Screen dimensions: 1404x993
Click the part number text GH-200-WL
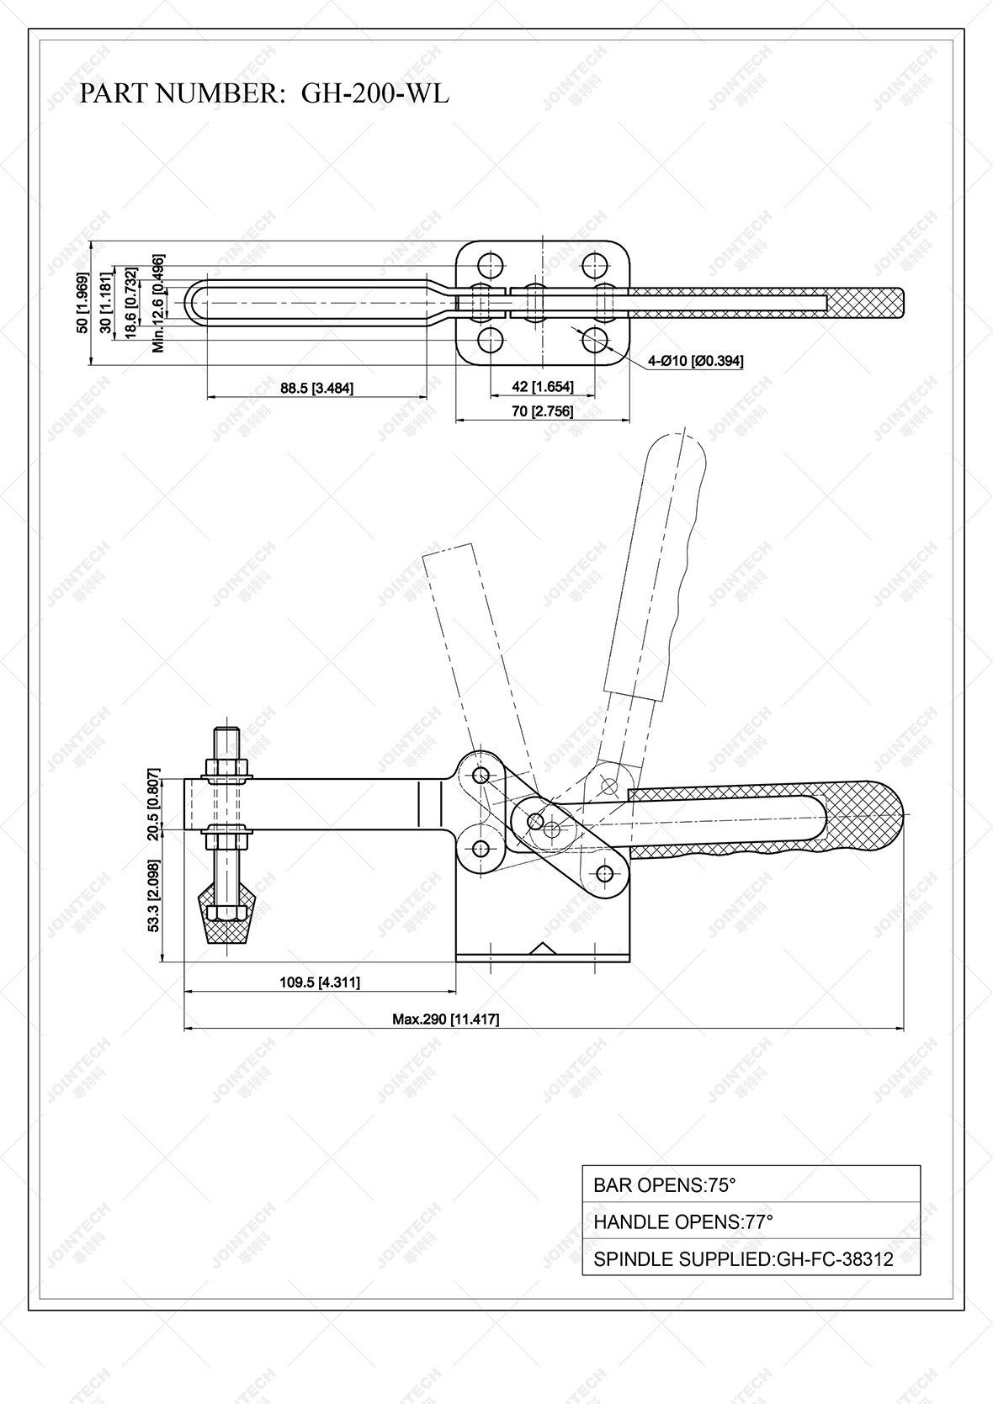(x=374, y=93)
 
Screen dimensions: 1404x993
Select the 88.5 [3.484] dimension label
(x=316, y=388)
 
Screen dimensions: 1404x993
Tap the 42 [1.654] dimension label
(x=543, y=387)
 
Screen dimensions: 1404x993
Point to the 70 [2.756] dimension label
(x=543, y=411)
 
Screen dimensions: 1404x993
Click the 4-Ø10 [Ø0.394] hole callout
(x=695, y=361)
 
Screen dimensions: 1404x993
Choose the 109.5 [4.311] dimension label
(x=320, y=982)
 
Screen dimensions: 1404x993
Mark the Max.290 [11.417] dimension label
(x=446, y=1019)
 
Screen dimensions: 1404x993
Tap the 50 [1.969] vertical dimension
(x=82, y=303)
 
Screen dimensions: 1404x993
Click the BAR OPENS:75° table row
(x=751, y=1184)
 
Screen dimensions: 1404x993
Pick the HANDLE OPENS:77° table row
(x=751, y=1221)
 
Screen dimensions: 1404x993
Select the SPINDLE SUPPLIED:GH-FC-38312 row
(x=751, y=1258)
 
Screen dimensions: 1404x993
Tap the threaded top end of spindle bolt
(x=227, y=738)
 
